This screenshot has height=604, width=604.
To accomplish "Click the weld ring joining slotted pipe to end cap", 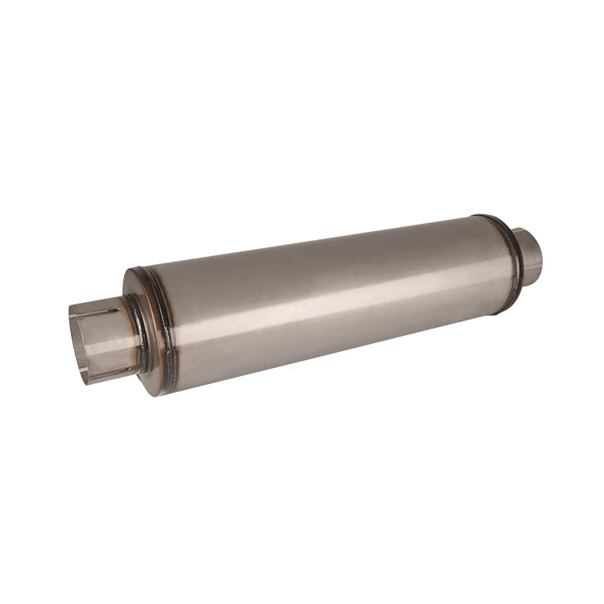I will pyautogui.click(x=137, y=330).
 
